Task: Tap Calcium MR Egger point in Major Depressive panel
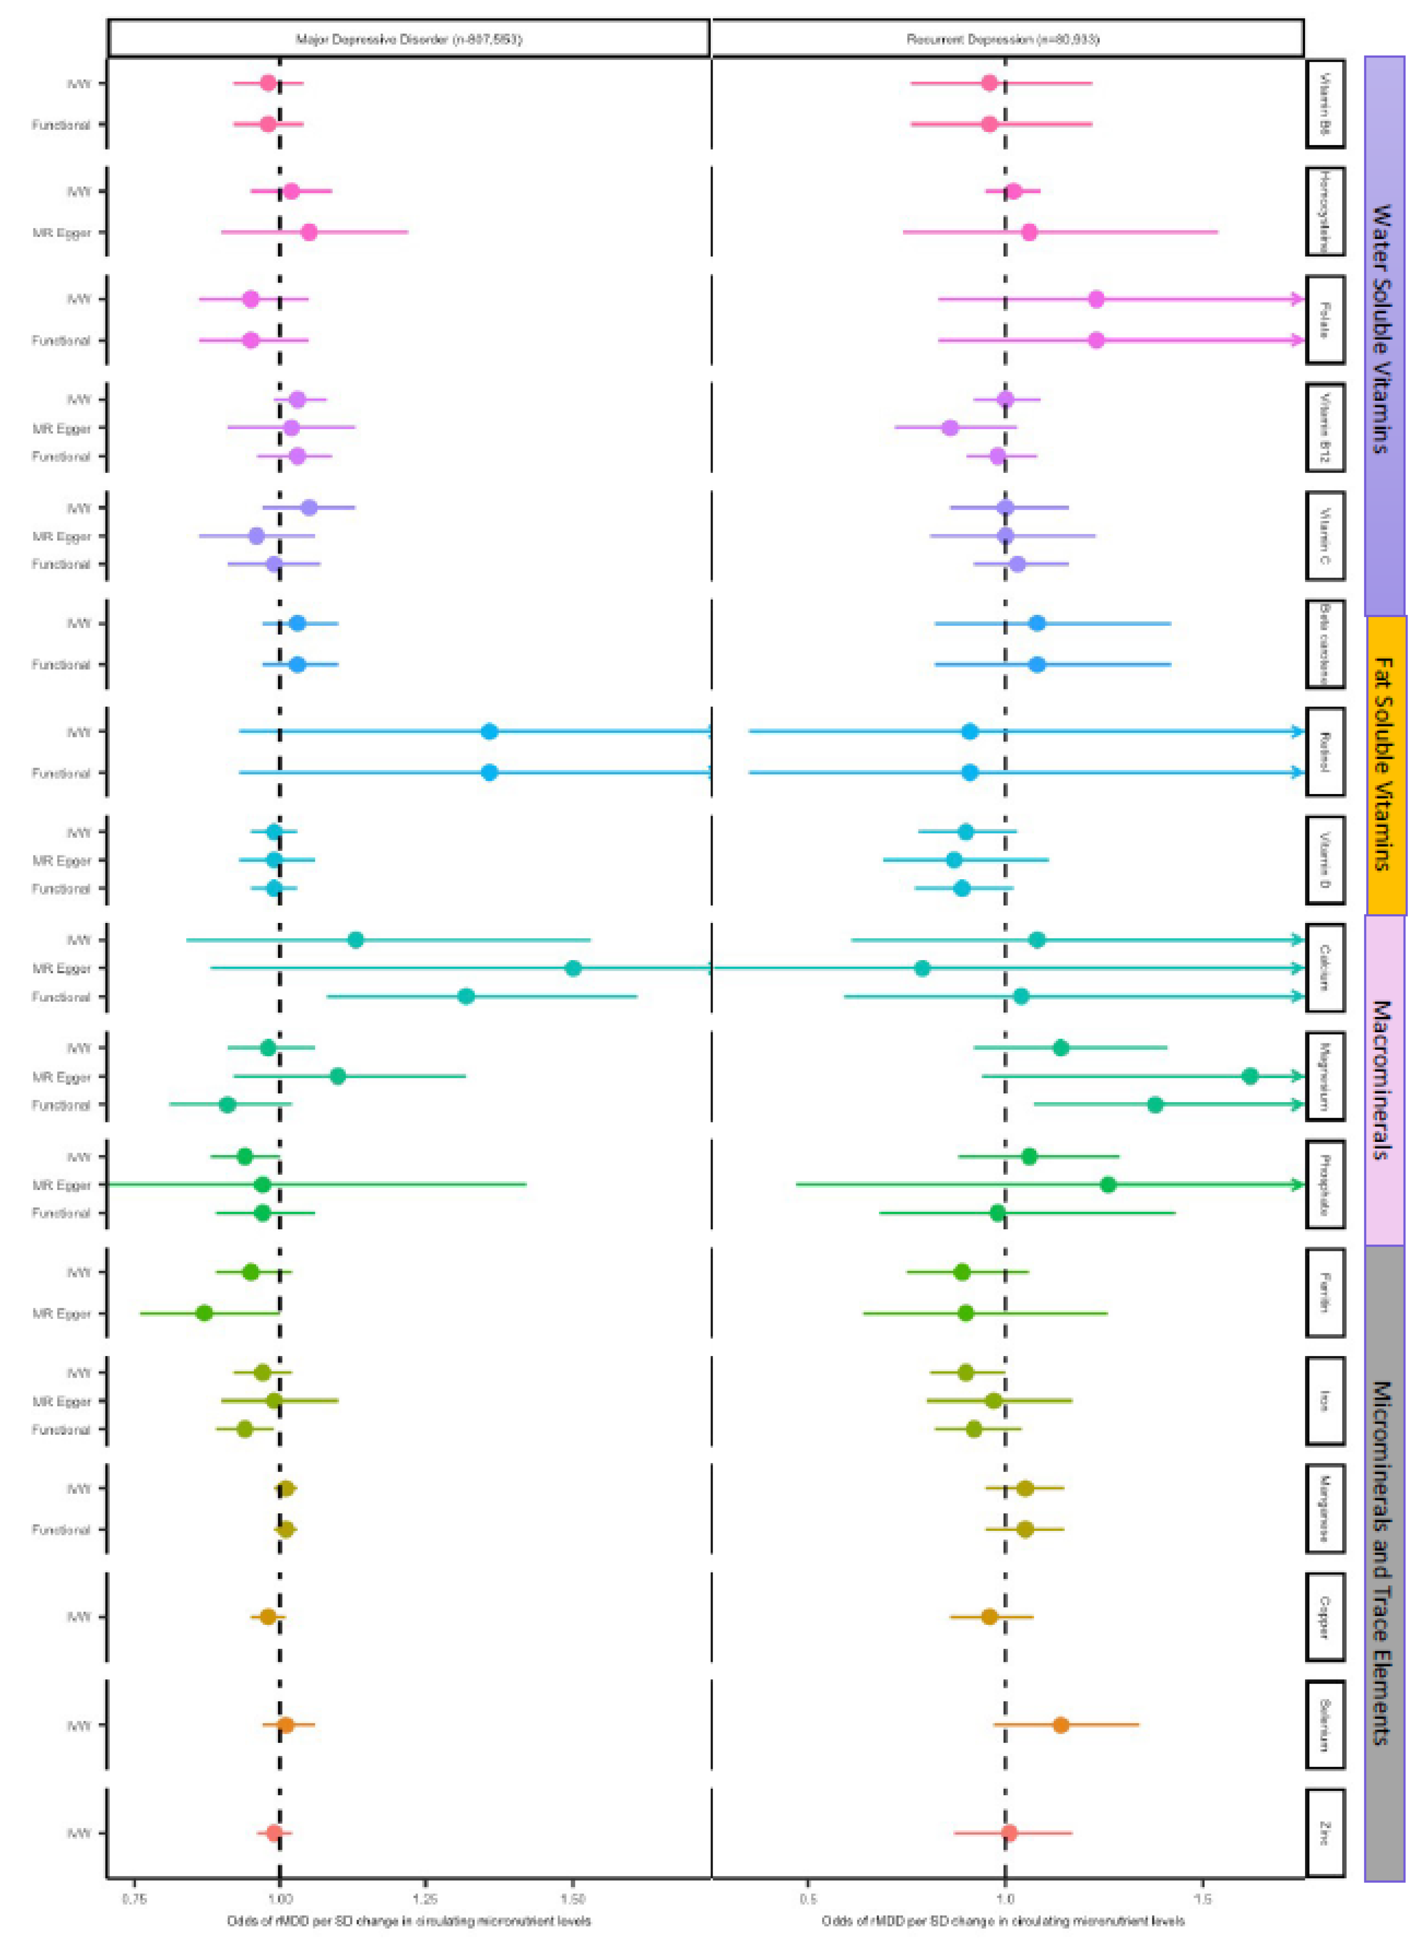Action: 574,968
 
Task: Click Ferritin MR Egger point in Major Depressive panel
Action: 204,1313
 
